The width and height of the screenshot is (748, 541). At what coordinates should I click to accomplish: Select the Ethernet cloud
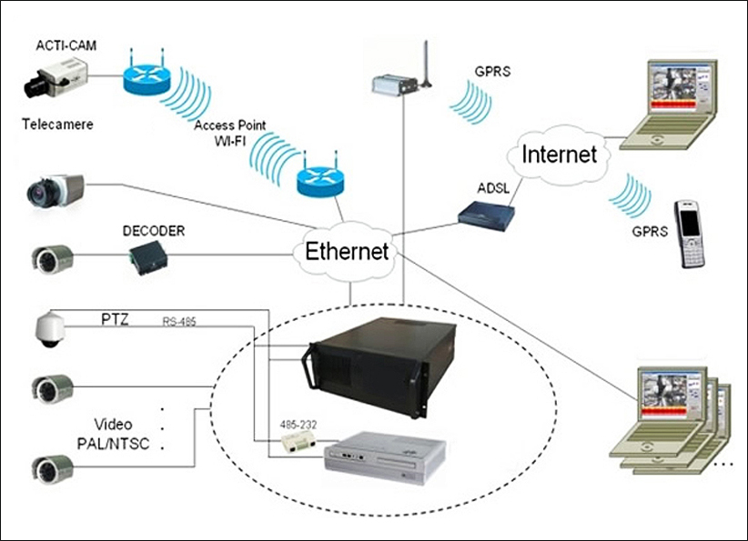click(347, 251)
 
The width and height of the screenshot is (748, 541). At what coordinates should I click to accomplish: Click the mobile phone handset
click(689, 234)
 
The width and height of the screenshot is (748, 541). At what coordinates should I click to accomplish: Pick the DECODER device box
click(147, 259)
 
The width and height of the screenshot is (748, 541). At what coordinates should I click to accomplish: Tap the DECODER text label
click(153, 232)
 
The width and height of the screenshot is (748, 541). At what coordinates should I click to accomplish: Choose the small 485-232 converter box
click(297, 443)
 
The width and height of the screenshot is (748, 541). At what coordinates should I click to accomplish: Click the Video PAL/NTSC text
click(126, 435)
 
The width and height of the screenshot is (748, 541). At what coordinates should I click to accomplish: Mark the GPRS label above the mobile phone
click(650, 232)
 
